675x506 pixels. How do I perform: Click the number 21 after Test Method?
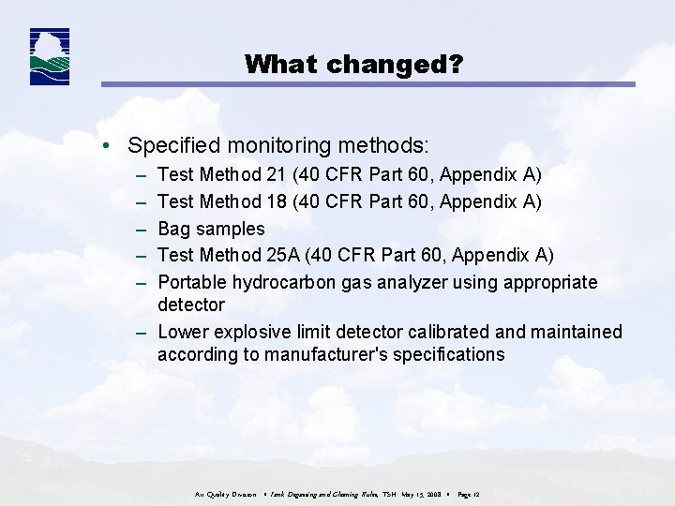(x=277, y=175)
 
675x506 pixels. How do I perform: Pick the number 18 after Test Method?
(x=277, y=201)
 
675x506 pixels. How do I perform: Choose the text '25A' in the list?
(x=286, y=255)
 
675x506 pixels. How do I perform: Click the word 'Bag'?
(x=174, y=229)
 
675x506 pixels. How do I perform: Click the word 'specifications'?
(x=451, y=355)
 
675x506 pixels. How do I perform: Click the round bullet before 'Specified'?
(x=110, y=147)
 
